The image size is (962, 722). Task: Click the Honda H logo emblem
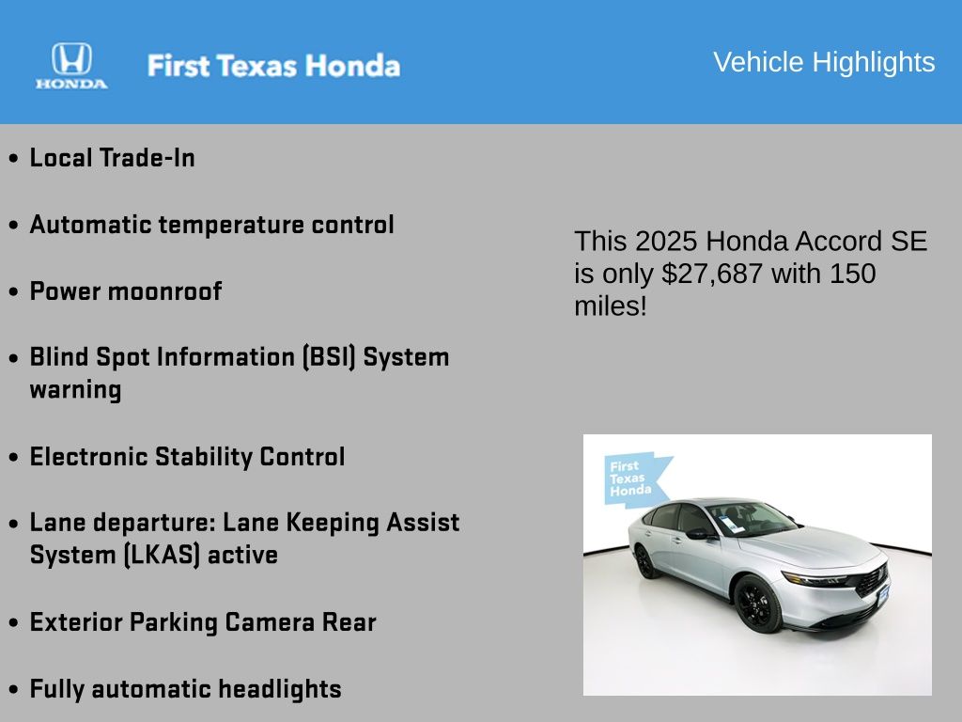[x=71, y=58]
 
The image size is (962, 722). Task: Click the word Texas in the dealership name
[x=257, y=66]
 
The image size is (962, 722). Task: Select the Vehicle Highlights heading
[x=824, y=62]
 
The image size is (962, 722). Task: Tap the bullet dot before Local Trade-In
[x=13, y=158]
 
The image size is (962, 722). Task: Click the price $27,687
[x=712, y=274]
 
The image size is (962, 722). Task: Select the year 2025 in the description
[x=666, y=242]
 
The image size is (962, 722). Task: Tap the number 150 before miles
[x=853, y=274]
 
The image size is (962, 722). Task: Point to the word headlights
[x=280, y=689]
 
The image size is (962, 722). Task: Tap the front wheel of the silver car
[x=758, y=603]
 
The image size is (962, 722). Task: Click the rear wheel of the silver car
[x=644, y=562]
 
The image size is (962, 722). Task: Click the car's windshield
[x=751, y=519]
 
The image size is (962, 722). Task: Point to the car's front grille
[x=872, y=580]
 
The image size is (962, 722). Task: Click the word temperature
[x=231, y=225]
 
